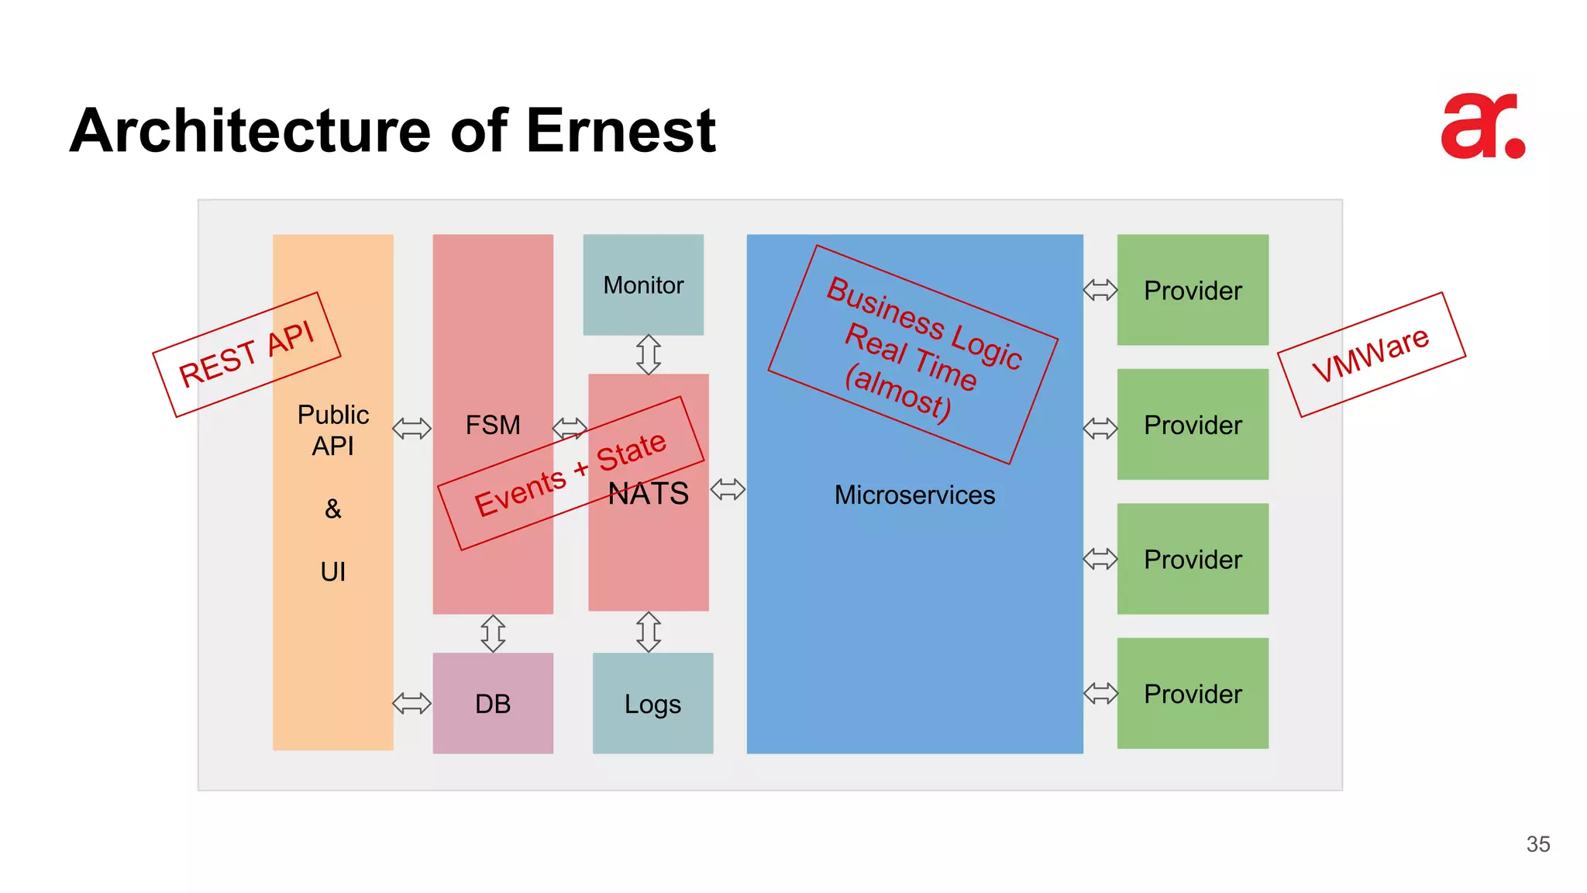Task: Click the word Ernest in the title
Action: click(x=620, y=130)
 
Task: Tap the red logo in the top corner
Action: click(x=1482, y=126)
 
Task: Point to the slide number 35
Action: click(x=1537, y=844)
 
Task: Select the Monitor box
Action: click(x=643, y=284)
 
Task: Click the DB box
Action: click(x=493, y=703)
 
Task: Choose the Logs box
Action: click(x=652, y=703)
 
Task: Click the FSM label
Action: click(x=493, y=425)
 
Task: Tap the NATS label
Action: click(x=649, y=494)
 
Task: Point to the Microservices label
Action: click(x=914, y=495)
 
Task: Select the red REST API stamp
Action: click(x=246, y=354)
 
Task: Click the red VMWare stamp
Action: click(x=1371, y=354)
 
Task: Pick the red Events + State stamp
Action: click(x=570, y=474)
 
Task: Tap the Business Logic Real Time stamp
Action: click(x=913, y=354)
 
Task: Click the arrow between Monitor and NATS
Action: click(x=649, y=354)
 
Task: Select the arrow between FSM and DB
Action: click(x=493, y=633)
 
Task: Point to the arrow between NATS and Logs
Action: click(x=649, y=632)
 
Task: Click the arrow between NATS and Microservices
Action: click(x=728, y=489)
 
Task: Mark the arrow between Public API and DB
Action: click(x=412, y=703)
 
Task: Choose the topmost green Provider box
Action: click(x=1193, y=290)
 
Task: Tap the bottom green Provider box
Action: click(x=1193, y=693)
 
